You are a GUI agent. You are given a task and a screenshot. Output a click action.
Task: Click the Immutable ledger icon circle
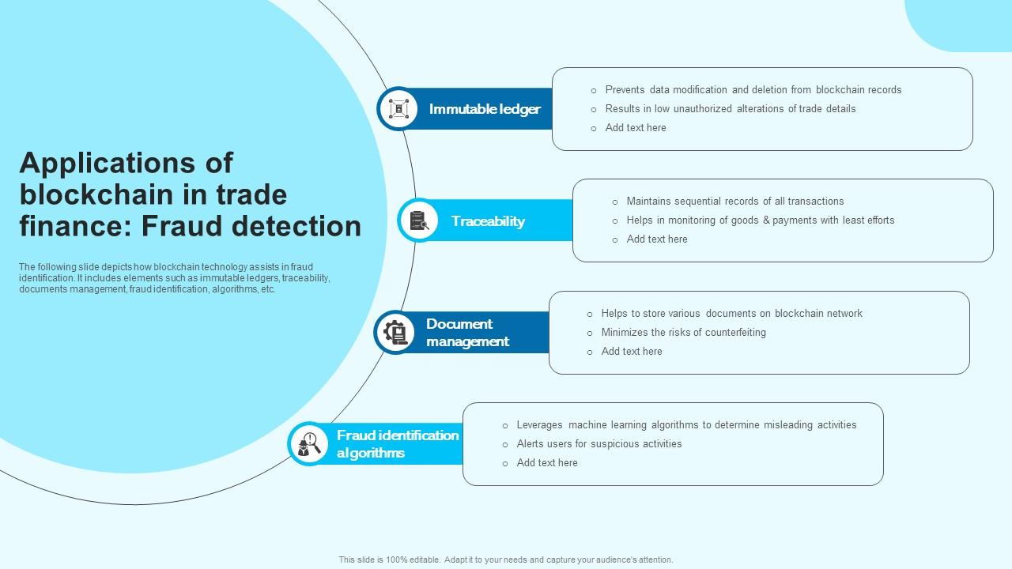coord(398,108)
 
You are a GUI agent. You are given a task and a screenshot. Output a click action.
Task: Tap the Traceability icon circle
coord(418,220)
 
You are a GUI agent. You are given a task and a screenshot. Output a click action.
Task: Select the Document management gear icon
coord(395,333)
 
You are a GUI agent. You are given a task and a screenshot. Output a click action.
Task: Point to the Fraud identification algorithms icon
coord(308,444)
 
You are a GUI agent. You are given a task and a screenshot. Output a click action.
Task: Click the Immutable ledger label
coord(485,109)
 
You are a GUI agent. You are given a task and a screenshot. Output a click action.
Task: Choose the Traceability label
coord(488,221)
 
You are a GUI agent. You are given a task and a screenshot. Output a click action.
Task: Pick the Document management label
coord(467,333)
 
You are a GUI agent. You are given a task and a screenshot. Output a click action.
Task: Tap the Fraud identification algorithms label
coord(398,444)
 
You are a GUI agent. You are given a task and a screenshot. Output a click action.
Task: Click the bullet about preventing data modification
coord(753,90)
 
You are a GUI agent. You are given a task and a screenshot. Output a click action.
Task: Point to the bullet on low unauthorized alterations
coord(730,109)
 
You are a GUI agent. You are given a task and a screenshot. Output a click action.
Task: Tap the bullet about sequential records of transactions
coord(734,202)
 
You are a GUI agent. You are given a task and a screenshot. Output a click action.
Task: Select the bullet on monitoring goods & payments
coord(760,220)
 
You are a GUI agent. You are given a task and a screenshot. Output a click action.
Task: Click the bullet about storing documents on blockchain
coord(731,314)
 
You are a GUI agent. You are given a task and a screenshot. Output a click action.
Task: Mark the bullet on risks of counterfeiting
coord(683,333)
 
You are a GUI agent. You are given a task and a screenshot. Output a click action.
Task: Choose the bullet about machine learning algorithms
coord(686,425)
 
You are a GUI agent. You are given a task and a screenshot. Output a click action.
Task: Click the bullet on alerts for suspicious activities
coord(599,444)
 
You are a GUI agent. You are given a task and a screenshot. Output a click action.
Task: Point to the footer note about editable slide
coord(506,560)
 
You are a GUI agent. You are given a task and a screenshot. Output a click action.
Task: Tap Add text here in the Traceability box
coord(656,239)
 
